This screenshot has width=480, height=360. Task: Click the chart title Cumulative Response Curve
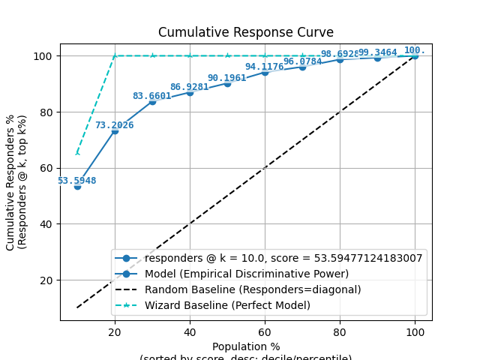click(245, 32)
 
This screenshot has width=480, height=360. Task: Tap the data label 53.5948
click(76, 181)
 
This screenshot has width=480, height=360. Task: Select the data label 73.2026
click(114, 125)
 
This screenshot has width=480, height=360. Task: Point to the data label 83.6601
click(151, 96)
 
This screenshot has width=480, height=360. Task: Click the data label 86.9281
click(189, 87)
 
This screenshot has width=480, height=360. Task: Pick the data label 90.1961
click(226, 78)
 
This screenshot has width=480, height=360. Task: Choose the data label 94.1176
click(264, 67)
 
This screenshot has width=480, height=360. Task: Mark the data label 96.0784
click(302, 61)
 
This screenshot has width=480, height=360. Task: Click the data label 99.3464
click(377, 52)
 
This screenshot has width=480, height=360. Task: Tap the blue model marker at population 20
click(115, 130)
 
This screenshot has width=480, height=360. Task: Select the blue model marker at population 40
click(190, 92)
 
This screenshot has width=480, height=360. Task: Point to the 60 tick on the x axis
click(265, 331)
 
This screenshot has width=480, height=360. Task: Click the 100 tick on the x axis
click(415, 331)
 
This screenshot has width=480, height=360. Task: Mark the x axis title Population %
click(245, 346)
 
